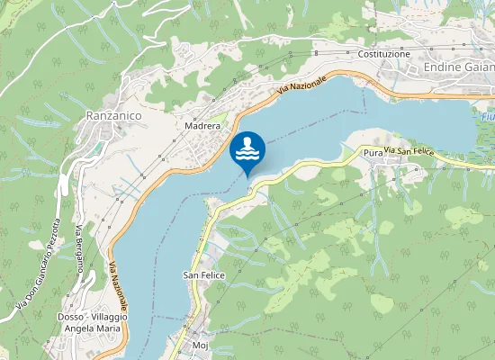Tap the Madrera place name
click(x=202, y=127)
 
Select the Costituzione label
click(x=383, y=54)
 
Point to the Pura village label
click(x=373, y=154)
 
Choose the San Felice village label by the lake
click(x=203, y=274)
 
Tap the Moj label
click(x=201, y=345)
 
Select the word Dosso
click(x=69, y=317)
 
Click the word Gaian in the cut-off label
click(x=481, y=67)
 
